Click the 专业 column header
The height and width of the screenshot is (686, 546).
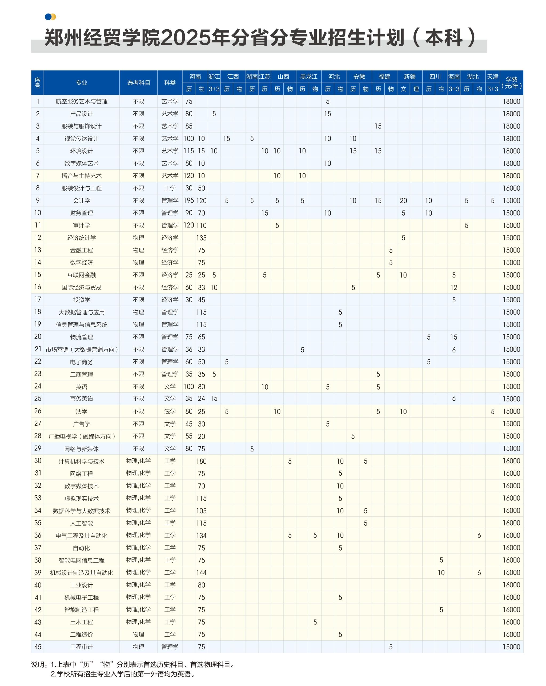(82, 83)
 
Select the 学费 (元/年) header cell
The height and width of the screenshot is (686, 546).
(511, 83)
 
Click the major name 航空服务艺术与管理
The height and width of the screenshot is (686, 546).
(82, 102)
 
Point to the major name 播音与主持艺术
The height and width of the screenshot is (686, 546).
(82, 176)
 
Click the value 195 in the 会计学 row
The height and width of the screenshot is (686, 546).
(189, 200)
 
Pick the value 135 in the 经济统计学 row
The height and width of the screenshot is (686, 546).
(201, 238)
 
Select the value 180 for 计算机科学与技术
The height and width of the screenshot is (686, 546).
(201, 461)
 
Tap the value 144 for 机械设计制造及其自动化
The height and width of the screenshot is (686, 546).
(201, 573)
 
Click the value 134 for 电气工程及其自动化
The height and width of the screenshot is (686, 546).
(201, 536)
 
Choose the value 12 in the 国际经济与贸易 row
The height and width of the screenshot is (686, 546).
(454, 287)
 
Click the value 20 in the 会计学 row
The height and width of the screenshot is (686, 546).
(403, 200)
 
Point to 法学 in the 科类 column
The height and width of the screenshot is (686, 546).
(170, 411)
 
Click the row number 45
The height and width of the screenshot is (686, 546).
(38, 647)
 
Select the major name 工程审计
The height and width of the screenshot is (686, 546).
(82, 647)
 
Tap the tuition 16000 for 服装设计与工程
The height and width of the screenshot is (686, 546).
(511, 188)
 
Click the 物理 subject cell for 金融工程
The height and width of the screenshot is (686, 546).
(138, 250)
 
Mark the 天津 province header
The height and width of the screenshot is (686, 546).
(492, 77)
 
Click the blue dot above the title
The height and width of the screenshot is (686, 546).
(48, 17)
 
